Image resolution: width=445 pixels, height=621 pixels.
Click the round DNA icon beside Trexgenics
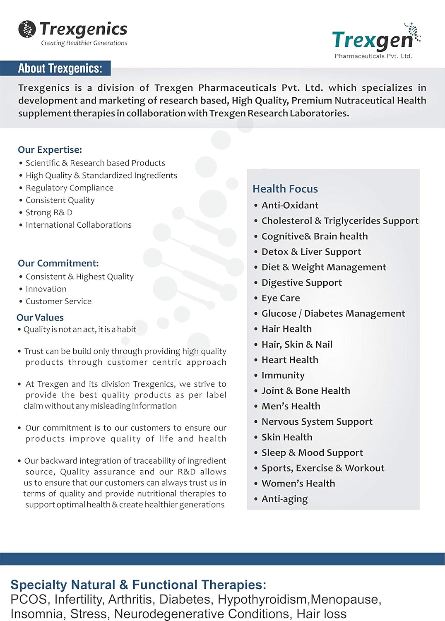point(27,29)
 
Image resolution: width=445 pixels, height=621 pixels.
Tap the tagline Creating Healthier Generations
point(84,43)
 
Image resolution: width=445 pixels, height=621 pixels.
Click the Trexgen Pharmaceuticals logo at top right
point(374,41)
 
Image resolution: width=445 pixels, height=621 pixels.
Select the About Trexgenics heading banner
point(60,68)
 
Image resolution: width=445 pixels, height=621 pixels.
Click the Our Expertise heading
point(50,149)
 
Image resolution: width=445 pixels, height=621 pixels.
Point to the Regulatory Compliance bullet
point(69,188)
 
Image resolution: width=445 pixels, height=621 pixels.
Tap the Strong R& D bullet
point(49,213)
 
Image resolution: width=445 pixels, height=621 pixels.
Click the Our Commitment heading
point(58,263)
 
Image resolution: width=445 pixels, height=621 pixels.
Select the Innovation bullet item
point(46,289)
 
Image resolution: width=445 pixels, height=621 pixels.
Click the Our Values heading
point(40,318)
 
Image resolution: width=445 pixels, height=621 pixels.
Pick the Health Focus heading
point(285,189)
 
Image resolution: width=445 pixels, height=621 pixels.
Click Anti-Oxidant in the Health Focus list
point(290,205)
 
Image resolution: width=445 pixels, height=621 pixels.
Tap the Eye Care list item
point(281,298)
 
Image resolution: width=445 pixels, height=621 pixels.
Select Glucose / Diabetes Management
point(333,313)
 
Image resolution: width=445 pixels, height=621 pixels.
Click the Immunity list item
point(283,375)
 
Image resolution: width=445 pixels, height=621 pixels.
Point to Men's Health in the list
point(291,406)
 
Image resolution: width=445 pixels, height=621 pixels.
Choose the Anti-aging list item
point(284,499)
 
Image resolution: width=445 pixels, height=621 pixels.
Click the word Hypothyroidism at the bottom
point(263,599)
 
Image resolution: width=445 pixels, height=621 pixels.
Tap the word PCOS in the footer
point(28,599)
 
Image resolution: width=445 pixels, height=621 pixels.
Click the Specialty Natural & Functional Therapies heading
point(138,585)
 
